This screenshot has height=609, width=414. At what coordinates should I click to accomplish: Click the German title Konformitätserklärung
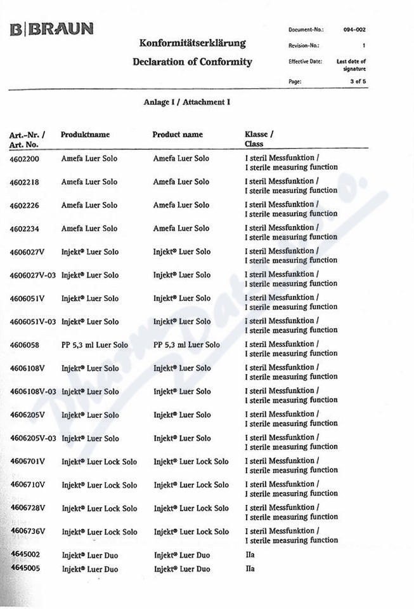coord(192,43)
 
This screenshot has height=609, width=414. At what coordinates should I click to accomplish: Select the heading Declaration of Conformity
coord(192,62)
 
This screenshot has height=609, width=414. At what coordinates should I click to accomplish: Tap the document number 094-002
coord(354,30)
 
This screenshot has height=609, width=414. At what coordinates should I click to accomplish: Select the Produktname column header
coord(85,135)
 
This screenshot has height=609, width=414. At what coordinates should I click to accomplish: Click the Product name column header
coord(178,135)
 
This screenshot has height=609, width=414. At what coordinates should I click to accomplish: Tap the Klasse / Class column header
coord(259,139)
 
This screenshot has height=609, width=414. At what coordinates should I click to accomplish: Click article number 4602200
coord(25,159)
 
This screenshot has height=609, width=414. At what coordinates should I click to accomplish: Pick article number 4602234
coord(25,229)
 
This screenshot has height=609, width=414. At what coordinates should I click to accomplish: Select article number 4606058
coord(25,345)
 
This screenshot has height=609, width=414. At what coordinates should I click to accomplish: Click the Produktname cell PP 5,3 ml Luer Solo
coord(94,345)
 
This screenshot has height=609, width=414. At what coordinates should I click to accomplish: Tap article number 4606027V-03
coord(33,276)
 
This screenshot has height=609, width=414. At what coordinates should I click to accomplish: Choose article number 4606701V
coord(28,462)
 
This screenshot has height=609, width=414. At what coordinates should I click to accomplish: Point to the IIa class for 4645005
coord(250,569)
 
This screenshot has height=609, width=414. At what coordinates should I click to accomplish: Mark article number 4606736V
coord(28,532)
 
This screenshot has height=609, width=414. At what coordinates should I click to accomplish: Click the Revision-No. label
coord(304,46)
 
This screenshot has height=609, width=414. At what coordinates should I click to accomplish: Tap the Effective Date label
coord(305,62)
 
